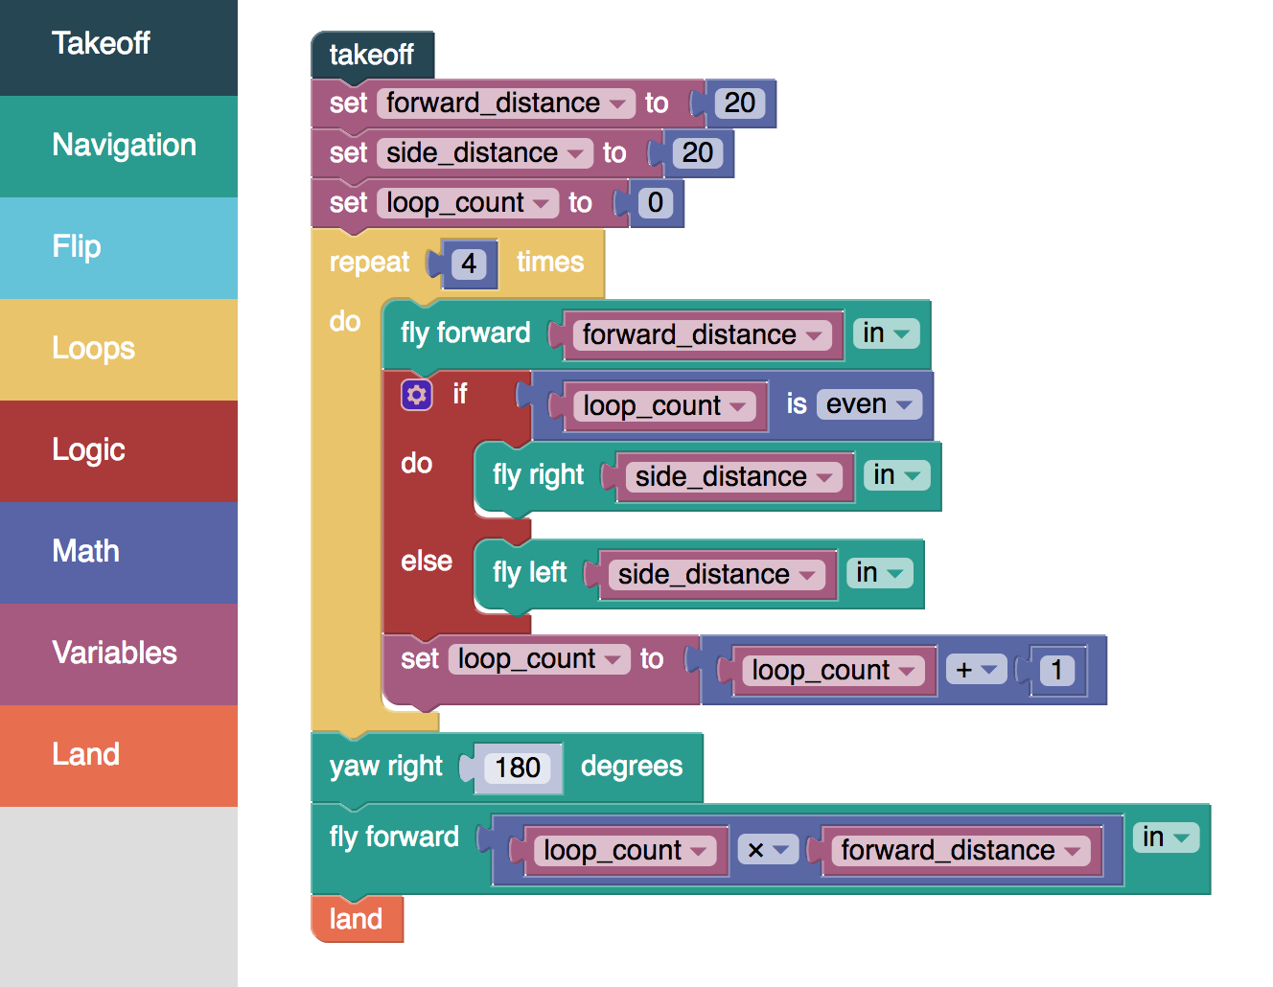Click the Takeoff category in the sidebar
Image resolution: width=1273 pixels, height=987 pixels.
tap(118, 47)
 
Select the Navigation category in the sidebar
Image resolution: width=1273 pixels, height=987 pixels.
tap(118, 147)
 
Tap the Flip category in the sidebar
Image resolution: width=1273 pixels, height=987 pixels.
tap(118, 247)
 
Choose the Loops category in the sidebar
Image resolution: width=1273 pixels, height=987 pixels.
tap(118, 350)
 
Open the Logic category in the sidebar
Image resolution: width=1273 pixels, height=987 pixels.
tap(118, 451)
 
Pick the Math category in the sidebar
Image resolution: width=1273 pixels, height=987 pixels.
tap(118, 553)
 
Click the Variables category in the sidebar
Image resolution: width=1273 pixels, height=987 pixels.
tap(118, 654)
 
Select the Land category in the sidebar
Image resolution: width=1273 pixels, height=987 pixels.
tap(118, 756)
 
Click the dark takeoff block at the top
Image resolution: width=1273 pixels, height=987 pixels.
tap(373, 55)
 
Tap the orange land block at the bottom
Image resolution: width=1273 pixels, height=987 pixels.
tap(357, 919)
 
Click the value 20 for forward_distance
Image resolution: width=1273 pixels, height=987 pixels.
tap(739, 103)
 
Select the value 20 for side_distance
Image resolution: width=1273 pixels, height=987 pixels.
tap(697, 153)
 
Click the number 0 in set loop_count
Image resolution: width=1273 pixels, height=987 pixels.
tap(655, 203)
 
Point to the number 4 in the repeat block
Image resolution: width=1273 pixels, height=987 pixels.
tap(469, 264)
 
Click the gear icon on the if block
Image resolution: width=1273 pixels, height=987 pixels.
tap(417, 395)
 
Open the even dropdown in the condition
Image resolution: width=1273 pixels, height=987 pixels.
tap(868, 404)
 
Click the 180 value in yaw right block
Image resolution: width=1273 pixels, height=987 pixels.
tap(518, 769)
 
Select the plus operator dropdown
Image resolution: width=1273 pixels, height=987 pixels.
tap(976, 670)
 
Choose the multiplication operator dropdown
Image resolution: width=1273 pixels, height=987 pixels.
tap(768, 850)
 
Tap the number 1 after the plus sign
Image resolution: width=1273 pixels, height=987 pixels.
tap(1056, 670)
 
